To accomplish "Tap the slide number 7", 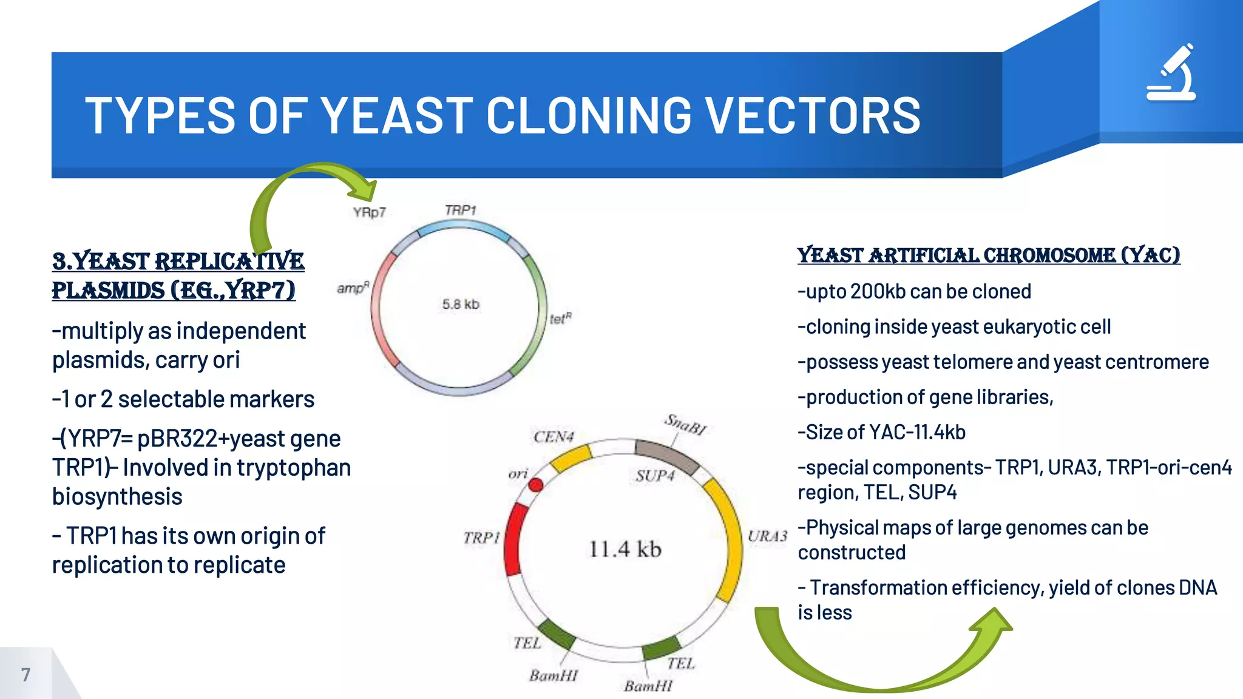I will [25, 674].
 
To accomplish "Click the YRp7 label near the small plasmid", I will [369, 212].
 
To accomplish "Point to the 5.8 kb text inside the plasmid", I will [461, 304].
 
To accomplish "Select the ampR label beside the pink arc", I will [353, 288].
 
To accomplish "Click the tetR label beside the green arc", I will [560, 319].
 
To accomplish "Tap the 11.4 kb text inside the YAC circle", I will [625, 549].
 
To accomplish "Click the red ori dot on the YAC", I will [535, 485].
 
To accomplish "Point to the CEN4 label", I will [553, 437].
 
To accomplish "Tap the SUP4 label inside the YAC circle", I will [655, 475].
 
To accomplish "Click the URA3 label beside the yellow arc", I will [767, 536].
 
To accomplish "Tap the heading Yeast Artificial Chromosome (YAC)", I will [988, 255].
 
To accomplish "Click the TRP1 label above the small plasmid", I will [460, 210].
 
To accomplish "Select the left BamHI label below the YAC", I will [553, 675].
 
